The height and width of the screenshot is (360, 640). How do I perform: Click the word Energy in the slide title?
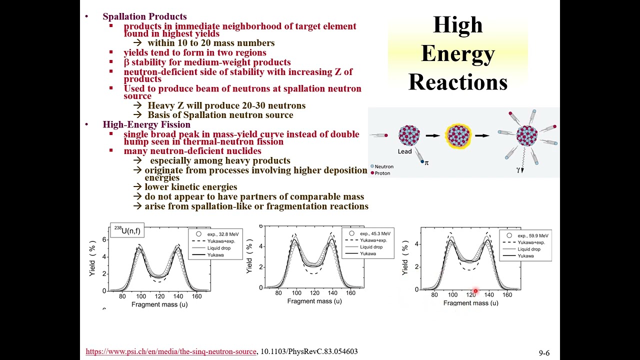(x=457, y=53)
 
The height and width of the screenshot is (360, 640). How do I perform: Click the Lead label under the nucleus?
(x=405, y=151)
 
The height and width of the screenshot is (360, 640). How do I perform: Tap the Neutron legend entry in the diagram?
(x=384, y=166)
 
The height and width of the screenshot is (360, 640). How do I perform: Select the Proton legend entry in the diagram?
(x=382, y=173)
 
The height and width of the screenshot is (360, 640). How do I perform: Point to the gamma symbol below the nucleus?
(x=518, y=170)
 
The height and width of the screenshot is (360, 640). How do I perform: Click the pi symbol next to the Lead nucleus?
(x=426, y=162)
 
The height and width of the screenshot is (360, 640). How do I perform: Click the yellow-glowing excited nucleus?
(x=458, y=135)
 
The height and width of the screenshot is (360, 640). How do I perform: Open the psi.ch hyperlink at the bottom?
(x=170, y=351)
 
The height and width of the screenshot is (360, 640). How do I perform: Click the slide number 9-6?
(x=544, y=353)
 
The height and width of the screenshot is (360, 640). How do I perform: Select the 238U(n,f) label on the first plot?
(x=127, y=230)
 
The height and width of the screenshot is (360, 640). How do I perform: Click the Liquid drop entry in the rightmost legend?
(x=529, y=249)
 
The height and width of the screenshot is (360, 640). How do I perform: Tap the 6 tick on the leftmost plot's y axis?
(x=104, y=239)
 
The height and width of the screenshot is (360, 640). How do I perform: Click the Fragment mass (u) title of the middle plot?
(x=314, y=301)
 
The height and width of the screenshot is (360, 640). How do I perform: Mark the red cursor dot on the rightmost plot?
(x=475, y=291)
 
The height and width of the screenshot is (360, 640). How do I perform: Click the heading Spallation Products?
(x=144, y=16)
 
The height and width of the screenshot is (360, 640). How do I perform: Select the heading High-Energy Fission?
(x=146, y=124)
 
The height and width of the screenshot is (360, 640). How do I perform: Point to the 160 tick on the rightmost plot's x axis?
(x=507, y=295)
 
